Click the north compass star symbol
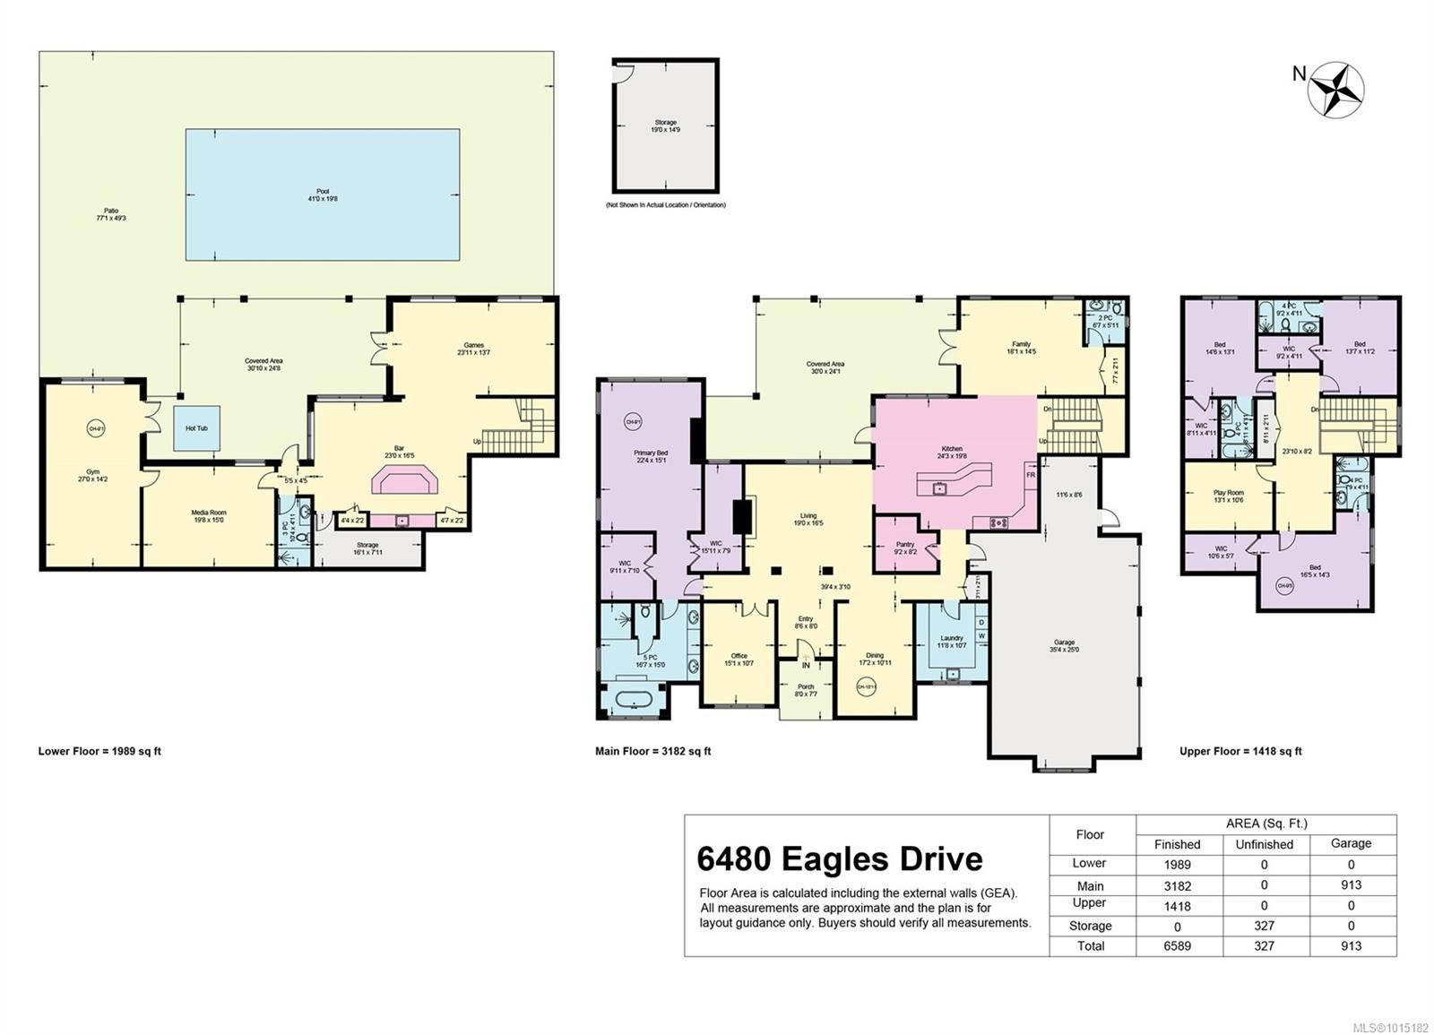1335,90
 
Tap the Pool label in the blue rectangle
323,195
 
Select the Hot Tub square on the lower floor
196,428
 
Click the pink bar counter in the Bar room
405,481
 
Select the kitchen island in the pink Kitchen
955,485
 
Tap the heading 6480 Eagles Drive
839,858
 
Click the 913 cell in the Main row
1351,884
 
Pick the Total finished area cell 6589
1177,945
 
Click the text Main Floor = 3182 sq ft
652,751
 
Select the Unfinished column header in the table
1264,844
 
